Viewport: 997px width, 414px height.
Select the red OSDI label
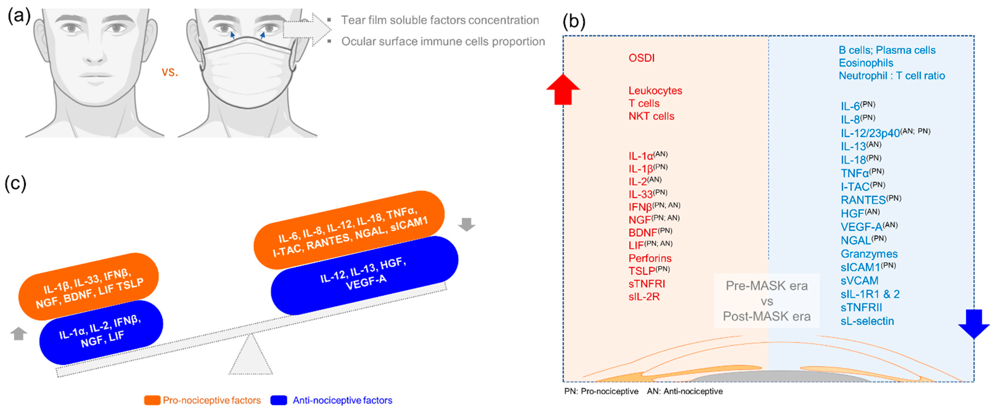point(641,58)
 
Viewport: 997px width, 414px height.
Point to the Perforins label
point(650,258)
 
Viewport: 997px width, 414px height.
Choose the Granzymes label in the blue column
point(869,254)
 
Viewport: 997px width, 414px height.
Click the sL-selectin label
point(867,321)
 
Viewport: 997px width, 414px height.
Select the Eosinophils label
point(866,63)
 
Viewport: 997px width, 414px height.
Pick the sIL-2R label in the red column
point(644,297)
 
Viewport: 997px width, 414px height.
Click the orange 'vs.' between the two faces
point(169,72)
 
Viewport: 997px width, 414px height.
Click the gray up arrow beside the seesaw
point(18,334)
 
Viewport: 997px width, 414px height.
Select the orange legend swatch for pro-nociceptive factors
point(152,400)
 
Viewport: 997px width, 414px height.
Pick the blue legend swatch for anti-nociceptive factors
point(279,400)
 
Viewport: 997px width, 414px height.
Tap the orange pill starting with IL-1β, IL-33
point(89,287)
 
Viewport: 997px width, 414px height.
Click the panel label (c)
point(15,183)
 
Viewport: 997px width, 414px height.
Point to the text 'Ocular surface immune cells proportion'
point(443,41)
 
